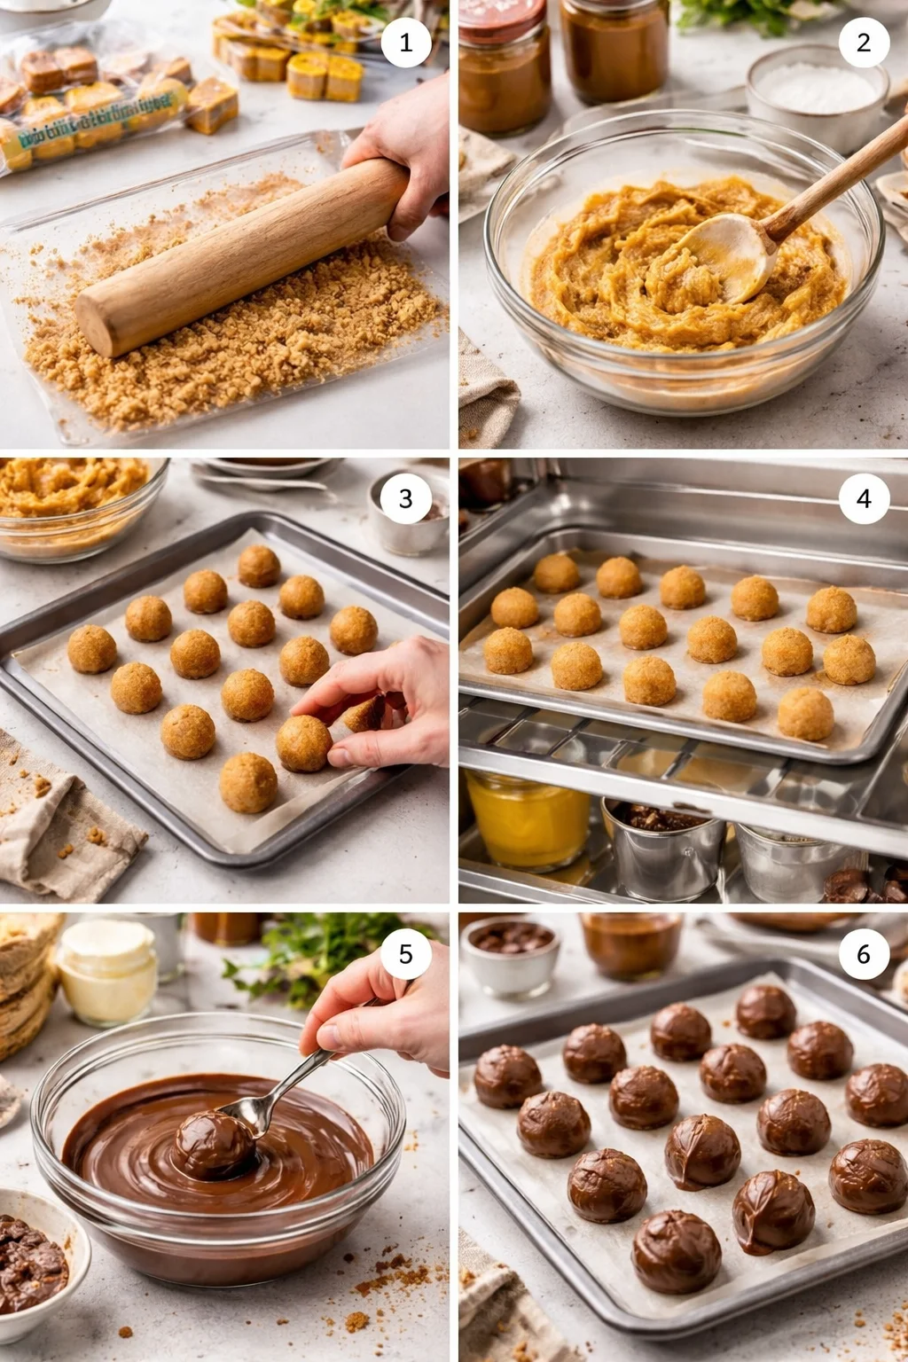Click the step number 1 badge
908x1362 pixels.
click(x=405, y=42)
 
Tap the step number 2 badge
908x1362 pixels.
click(x=864, y=42)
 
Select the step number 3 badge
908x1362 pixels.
click(x=405, y=498)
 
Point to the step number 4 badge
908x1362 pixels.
click(x=864, y=498)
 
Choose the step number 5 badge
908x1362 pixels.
click(x=405, y=953)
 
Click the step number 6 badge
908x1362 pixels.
click(x=864, y=953)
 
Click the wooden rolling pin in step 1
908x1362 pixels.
click(x=239, y=257)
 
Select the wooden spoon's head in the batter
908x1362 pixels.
click(x=723, y=257)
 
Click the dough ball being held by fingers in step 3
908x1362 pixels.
click(x=304, y=743)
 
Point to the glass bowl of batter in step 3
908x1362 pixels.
click(x=75, y=505)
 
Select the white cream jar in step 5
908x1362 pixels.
click(x=106, y=971)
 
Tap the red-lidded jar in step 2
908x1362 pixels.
click(x=504, y=67)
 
